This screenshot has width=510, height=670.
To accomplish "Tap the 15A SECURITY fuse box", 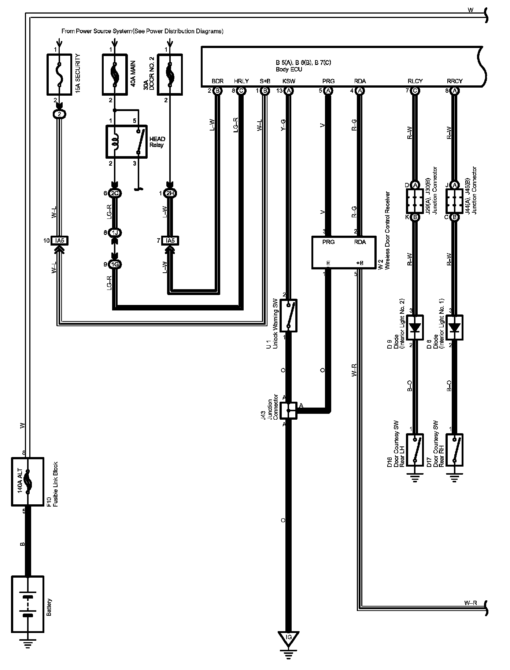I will click(x=59, y=74).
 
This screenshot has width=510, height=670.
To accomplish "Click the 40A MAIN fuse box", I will click(x=115, y=74).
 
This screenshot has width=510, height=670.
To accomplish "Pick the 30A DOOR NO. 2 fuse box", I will click(x=170, y=74).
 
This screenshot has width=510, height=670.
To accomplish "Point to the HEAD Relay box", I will click(x=126, y=142).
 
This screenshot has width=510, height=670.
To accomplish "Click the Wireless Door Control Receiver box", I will click(x=344, y=253).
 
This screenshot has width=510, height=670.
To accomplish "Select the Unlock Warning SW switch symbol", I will click(x=288, y=315).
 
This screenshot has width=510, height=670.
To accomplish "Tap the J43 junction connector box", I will click(x=288, y=411).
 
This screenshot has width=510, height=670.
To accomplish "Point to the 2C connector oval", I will click(x=115, y=193).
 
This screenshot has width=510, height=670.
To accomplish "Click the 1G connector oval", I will click(x=115, y=264).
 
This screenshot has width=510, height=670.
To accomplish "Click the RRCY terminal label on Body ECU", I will click(x=455, y=81).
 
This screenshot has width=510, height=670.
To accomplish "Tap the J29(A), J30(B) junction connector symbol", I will click(x=415, y=201).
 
